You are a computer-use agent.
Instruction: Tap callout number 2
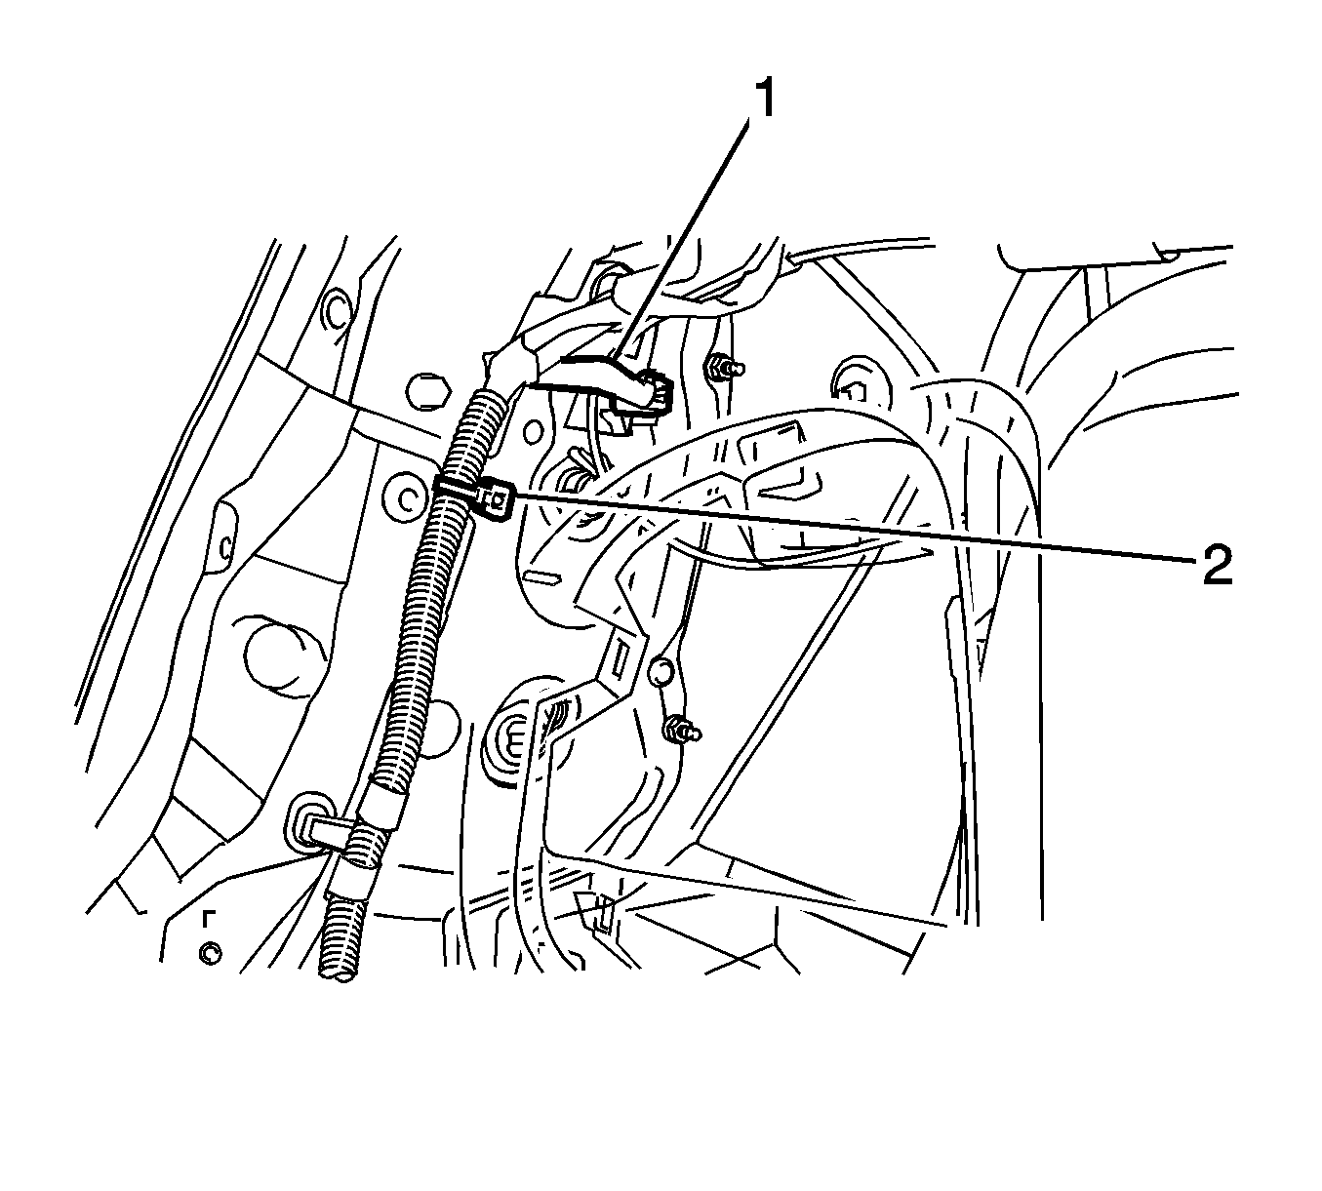(1216, 565)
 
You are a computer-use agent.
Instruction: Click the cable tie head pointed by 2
(498, 500)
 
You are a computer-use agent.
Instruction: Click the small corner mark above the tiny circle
(209, 918)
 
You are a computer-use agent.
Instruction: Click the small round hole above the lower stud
(661, 672)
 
